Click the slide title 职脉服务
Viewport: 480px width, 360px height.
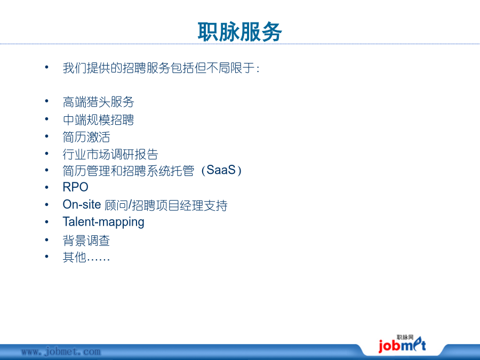(x=239, y=31)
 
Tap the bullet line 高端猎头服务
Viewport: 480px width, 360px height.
(x=98, y=102)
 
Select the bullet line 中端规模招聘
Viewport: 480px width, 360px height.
(x=98, y=119)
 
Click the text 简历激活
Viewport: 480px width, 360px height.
(x=86, y=137)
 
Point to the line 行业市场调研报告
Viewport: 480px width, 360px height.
(x=110, y=154)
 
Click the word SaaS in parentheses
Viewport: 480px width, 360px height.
(x=221, y=170)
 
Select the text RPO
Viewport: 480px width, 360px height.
(x=75, y=187)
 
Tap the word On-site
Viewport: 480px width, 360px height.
(x=82, y=204)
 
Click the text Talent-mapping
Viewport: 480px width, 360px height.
(x=103, y=222)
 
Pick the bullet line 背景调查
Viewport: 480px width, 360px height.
(x=86, y=241)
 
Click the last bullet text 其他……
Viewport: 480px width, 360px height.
(x=86, y=257)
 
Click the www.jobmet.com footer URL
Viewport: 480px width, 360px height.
(x=61, y=351)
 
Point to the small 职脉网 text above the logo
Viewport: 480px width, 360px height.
(x=405, y=338)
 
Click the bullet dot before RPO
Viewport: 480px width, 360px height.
(x=46, y=187)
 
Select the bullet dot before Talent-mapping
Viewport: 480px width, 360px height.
(x=46, y=222)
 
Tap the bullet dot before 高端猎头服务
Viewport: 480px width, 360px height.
(x=46, y=101)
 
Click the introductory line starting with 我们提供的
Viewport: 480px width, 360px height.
(x=161, y=68)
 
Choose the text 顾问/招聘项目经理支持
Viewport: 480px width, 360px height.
(x=166, y=205)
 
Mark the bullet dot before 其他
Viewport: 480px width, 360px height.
(x=46, y=257)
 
